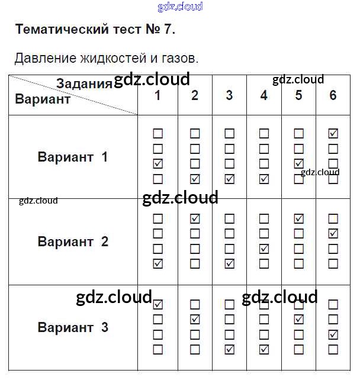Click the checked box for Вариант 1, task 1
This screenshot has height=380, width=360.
[157, 164]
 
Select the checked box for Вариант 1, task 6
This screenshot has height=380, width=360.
[333, 134]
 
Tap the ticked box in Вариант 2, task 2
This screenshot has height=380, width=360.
[195, 219]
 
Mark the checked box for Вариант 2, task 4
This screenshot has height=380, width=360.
[264, 249]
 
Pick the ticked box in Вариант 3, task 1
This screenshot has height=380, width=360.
[157, 305]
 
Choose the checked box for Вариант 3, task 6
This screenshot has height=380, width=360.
[333, 335]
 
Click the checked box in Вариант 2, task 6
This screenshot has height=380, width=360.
[333, 234]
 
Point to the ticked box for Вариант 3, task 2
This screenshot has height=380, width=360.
[195, 320]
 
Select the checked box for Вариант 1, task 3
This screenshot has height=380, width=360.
[230, 179]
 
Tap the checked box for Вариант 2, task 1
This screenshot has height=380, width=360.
[157, 263]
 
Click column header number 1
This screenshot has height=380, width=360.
[157, 95]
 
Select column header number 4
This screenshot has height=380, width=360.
[264, 95]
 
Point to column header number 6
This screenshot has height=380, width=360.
[333, 95]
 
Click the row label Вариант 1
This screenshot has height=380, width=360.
[73, 157]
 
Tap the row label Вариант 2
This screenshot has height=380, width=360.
[73, 241]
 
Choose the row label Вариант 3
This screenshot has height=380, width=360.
[73, 327]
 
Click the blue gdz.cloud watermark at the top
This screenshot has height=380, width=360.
[180, 7]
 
